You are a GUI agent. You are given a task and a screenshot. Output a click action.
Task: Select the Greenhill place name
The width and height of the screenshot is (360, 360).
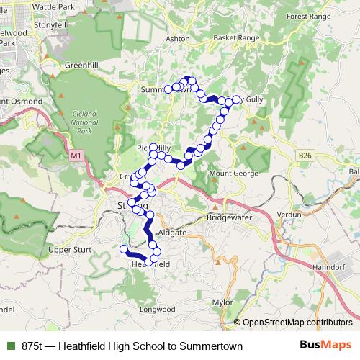81,65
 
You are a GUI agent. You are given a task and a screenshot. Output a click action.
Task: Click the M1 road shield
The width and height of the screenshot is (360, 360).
76,156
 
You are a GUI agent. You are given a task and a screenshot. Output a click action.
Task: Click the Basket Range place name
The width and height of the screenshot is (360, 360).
234,37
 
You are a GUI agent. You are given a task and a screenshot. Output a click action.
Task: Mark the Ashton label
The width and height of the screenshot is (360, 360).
177,38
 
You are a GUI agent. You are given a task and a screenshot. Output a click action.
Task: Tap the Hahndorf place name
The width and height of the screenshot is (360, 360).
329,266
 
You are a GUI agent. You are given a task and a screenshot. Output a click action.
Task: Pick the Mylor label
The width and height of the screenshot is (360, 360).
223,303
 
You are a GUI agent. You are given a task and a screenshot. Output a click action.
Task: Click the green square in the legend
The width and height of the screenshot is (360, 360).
10,346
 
